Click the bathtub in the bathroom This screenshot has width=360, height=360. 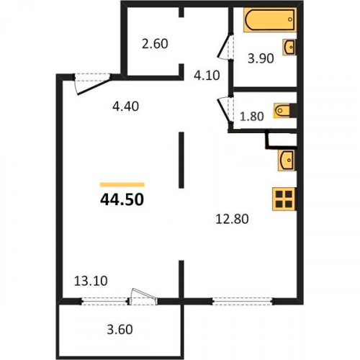tap(270, 20)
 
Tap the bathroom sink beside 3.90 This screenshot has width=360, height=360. tap(289, 47)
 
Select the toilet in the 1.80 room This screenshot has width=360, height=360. tap(282, 111)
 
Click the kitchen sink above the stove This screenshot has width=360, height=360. tap(287, 161)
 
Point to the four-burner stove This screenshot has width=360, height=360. tap(284, 199)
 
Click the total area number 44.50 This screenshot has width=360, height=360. tap(122, 199)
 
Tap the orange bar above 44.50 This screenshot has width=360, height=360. tap(122, 184)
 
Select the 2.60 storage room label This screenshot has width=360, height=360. tap(155, 44)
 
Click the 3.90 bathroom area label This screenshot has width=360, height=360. tap(261, 58)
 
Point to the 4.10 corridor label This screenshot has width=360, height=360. tap(207, 76)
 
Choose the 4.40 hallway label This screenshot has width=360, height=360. tap(125, 106)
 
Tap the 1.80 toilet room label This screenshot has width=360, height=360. tap(252, 117)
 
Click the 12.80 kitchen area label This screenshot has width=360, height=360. tap(232, 219)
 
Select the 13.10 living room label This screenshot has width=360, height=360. tap(91, 281)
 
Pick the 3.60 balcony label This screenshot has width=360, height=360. tap(120, 330)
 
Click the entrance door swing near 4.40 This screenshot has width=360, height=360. tap(93, 84)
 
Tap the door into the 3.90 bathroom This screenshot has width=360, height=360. tap(225, 46)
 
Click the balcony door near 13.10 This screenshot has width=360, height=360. tap(143, 297)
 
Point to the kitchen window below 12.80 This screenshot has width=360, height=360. tap(243, 301)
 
